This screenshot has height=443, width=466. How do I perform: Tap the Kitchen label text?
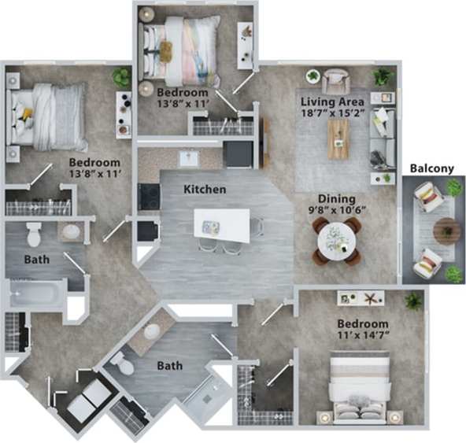(x=205, y=190)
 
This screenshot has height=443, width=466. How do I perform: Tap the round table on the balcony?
(x=446, y=231)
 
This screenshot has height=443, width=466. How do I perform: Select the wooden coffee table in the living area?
(x=338, y=138)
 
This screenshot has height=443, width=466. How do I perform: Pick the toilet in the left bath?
(x=34, y=234)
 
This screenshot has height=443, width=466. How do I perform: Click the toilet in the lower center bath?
(x=123, y=363)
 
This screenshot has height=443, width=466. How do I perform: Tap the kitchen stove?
(x=149, y=196)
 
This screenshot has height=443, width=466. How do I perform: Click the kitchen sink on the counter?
(x=188, y=157)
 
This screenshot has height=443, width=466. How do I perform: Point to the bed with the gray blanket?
(x=46, y=116)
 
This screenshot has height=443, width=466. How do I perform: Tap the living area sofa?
(x=385, y=138)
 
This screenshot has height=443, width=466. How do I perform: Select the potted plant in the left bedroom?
(x=120, y=77)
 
